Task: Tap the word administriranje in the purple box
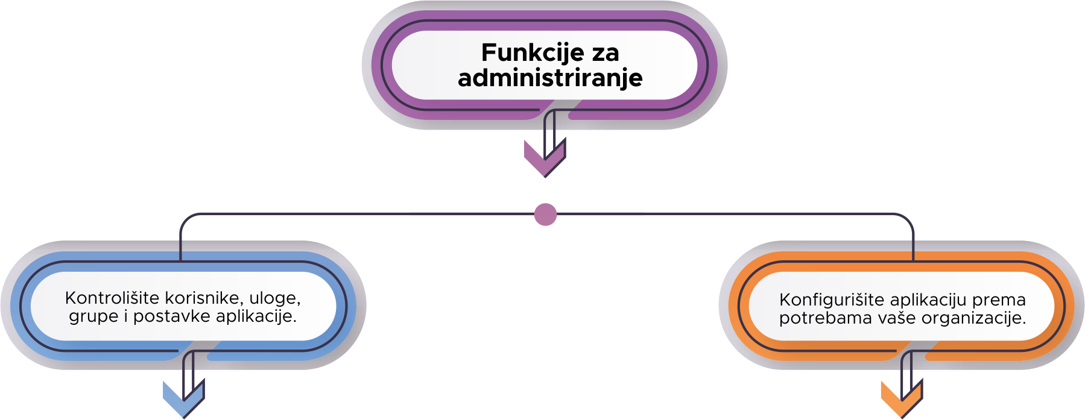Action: point(550,78)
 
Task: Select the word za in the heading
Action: point(605,53)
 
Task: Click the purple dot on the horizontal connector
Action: point(545,214)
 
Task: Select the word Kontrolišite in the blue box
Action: point(112,298)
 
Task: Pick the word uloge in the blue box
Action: point(274,298)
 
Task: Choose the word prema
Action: point(999,299)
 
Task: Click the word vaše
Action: point(897,318)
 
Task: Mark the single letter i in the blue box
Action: point(126,316)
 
